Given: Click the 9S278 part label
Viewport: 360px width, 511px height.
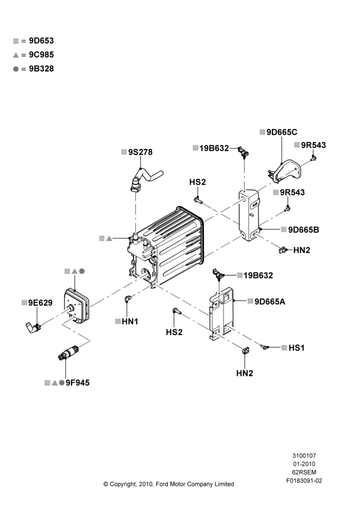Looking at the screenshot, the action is point(140,152).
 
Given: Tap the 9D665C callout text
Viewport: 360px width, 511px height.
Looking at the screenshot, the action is point(282,132).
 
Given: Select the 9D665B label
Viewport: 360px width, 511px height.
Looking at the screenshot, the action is point(304,230).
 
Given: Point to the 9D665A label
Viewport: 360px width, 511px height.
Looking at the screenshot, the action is point(269,302).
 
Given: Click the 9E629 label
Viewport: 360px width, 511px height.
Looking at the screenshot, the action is point(40,303).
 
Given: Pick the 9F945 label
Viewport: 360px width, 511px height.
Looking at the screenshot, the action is point(78,383).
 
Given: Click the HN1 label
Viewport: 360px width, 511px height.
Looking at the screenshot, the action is point(130,321).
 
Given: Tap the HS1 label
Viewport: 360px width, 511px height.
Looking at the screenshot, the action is point(297,347).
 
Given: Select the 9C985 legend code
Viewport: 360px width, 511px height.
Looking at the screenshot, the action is point(41,55).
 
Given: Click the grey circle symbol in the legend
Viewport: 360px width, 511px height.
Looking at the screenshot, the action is point(16,69).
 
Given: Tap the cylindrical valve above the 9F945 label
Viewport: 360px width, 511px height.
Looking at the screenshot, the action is point(68,353).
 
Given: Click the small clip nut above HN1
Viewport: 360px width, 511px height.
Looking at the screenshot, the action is point(128,298).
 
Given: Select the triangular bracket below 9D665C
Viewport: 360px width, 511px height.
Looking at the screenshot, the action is point(284,171).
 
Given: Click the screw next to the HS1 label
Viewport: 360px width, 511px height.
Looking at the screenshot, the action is point(265,347).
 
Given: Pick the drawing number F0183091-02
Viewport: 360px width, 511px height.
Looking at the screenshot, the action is point(304,480).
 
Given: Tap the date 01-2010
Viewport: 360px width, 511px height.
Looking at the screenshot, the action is point(304,464).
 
